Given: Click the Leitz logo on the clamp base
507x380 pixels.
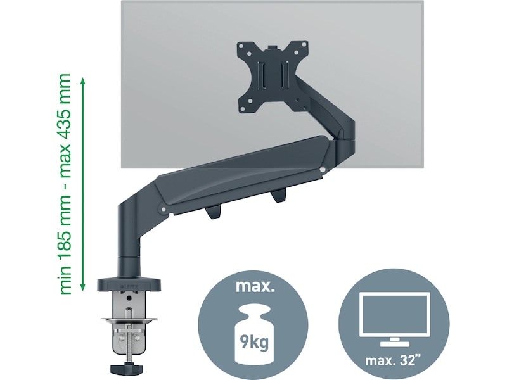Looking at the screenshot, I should tap(127, 286).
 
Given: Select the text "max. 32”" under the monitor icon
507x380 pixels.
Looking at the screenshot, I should tap(390, 362).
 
